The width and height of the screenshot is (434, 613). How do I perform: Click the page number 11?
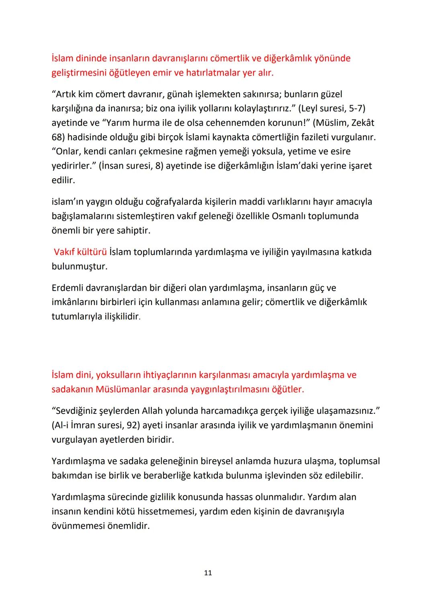208,573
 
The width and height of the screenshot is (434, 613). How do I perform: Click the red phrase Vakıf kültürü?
80,252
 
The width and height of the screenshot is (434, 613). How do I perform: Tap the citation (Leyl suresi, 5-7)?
332,108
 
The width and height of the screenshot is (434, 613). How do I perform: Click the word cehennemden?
233,123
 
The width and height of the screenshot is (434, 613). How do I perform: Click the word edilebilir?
343,476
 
